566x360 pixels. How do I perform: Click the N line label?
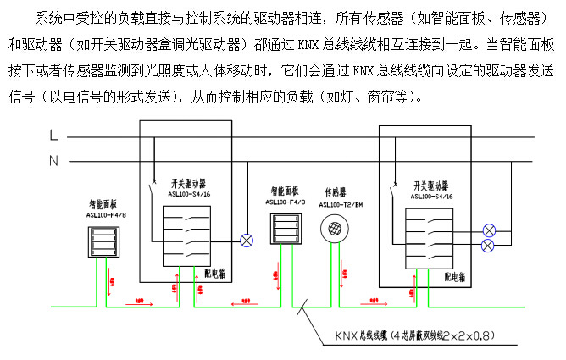pyautogui.click(x=53, y=160)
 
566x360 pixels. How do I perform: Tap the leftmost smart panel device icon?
pyautogui.click(x=103, y=243)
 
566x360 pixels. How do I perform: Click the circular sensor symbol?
pyautogui.click(x=335, y=230)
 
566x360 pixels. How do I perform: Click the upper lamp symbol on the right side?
pyautogui.click(x=488, y=230)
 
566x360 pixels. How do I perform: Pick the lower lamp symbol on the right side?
pyautogui.click(x=488, y=246)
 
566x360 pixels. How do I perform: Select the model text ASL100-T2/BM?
pyautogui.click(x=341, y=204)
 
